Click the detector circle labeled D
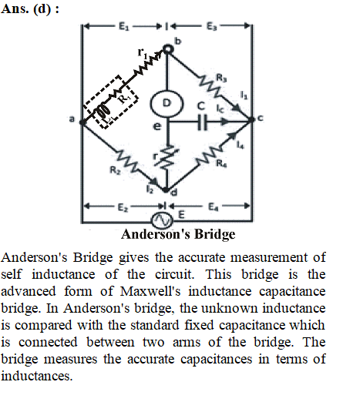tap(167, 103)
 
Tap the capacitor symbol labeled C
tap(202, 122)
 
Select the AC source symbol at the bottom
tap(162, 220)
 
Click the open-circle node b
tap(167, 49)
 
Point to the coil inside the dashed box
tap(103, 112)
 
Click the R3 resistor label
tap(221, 78)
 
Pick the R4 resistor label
tap(221, 162)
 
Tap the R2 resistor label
tap(116, 170)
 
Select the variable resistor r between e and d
tap(167, 158)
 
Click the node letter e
tap(157, 126)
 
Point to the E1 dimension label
tap(123, 26)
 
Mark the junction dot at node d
tap(166, 190)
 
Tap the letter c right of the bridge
tap(261, 118)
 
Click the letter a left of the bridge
tap(72, 119)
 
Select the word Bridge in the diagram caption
tap(214, 235)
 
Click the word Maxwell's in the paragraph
tap(150, 291)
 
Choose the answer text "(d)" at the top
tap(42, 9)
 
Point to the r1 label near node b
tap(142, 52)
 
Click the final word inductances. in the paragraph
tap(37, 376)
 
